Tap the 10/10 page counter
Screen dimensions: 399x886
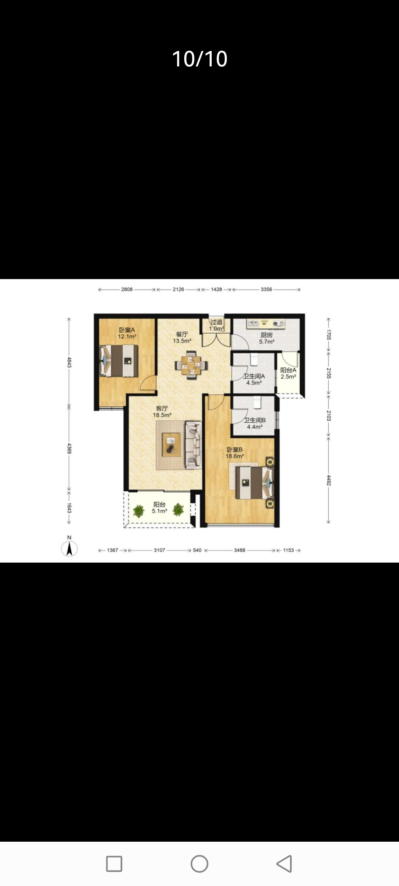[199, 59]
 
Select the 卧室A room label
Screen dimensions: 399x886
[127, 330]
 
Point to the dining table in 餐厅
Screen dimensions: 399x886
[191, 365]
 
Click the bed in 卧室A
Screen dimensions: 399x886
[119, 361]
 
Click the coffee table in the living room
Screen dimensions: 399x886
[171, 444]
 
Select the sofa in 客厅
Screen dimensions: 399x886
[194, 445]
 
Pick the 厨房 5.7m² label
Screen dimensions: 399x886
[266, 338]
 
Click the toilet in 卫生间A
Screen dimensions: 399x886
[254, 358]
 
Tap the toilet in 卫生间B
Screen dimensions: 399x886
[257, 402]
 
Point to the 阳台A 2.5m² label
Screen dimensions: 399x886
[288, 373]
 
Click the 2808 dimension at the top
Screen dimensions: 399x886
[127, 289]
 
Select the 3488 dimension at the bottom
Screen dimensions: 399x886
[239, 550]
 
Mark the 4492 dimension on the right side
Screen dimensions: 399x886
[328, 480]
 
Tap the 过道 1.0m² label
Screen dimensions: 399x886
[216, 325]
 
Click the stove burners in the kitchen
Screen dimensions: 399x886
[279, 324]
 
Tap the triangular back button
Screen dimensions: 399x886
[284, 863]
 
